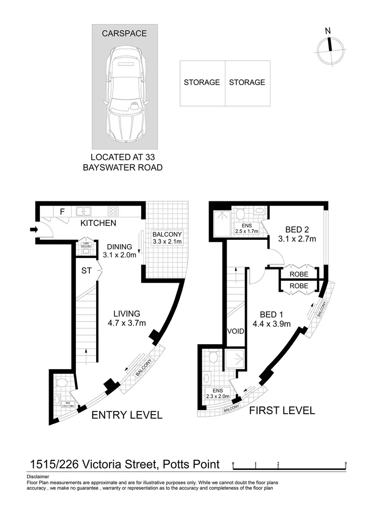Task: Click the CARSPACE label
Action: point(124,34)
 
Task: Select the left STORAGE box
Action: point(202,83)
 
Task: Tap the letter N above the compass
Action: point(328,31)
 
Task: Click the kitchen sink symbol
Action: point(84,210)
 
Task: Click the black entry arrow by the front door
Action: point(33,230)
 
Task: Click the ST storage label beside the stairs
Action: point(86,271)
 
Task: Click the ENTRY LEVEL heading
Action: point(127,415)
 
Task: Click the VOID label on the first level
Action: point(236,332)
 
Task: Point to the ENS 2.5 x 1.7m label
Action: point(247,228)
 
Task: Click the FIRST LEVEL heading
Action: point(281,410)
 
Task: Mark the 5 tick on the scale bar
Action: point(346,464)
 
